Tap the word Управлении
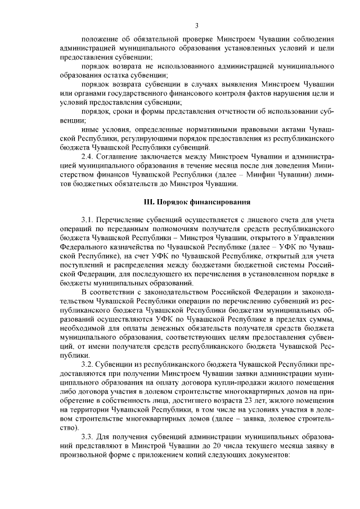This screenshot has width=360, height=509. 314,237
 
